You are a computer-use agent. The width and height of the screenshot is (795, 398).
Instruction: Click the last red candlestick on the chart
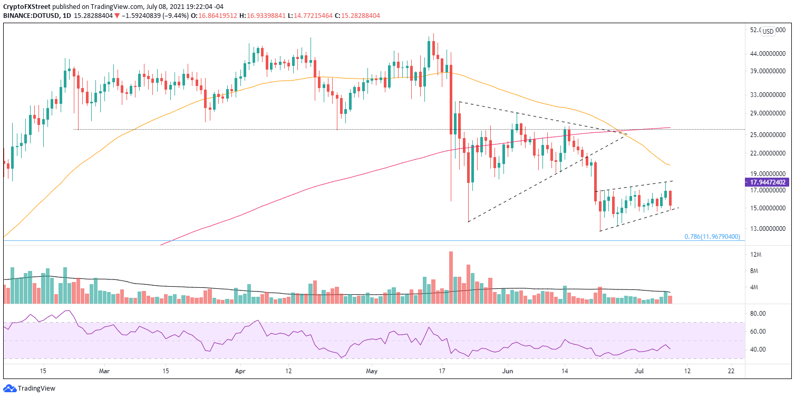[670, 198]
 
